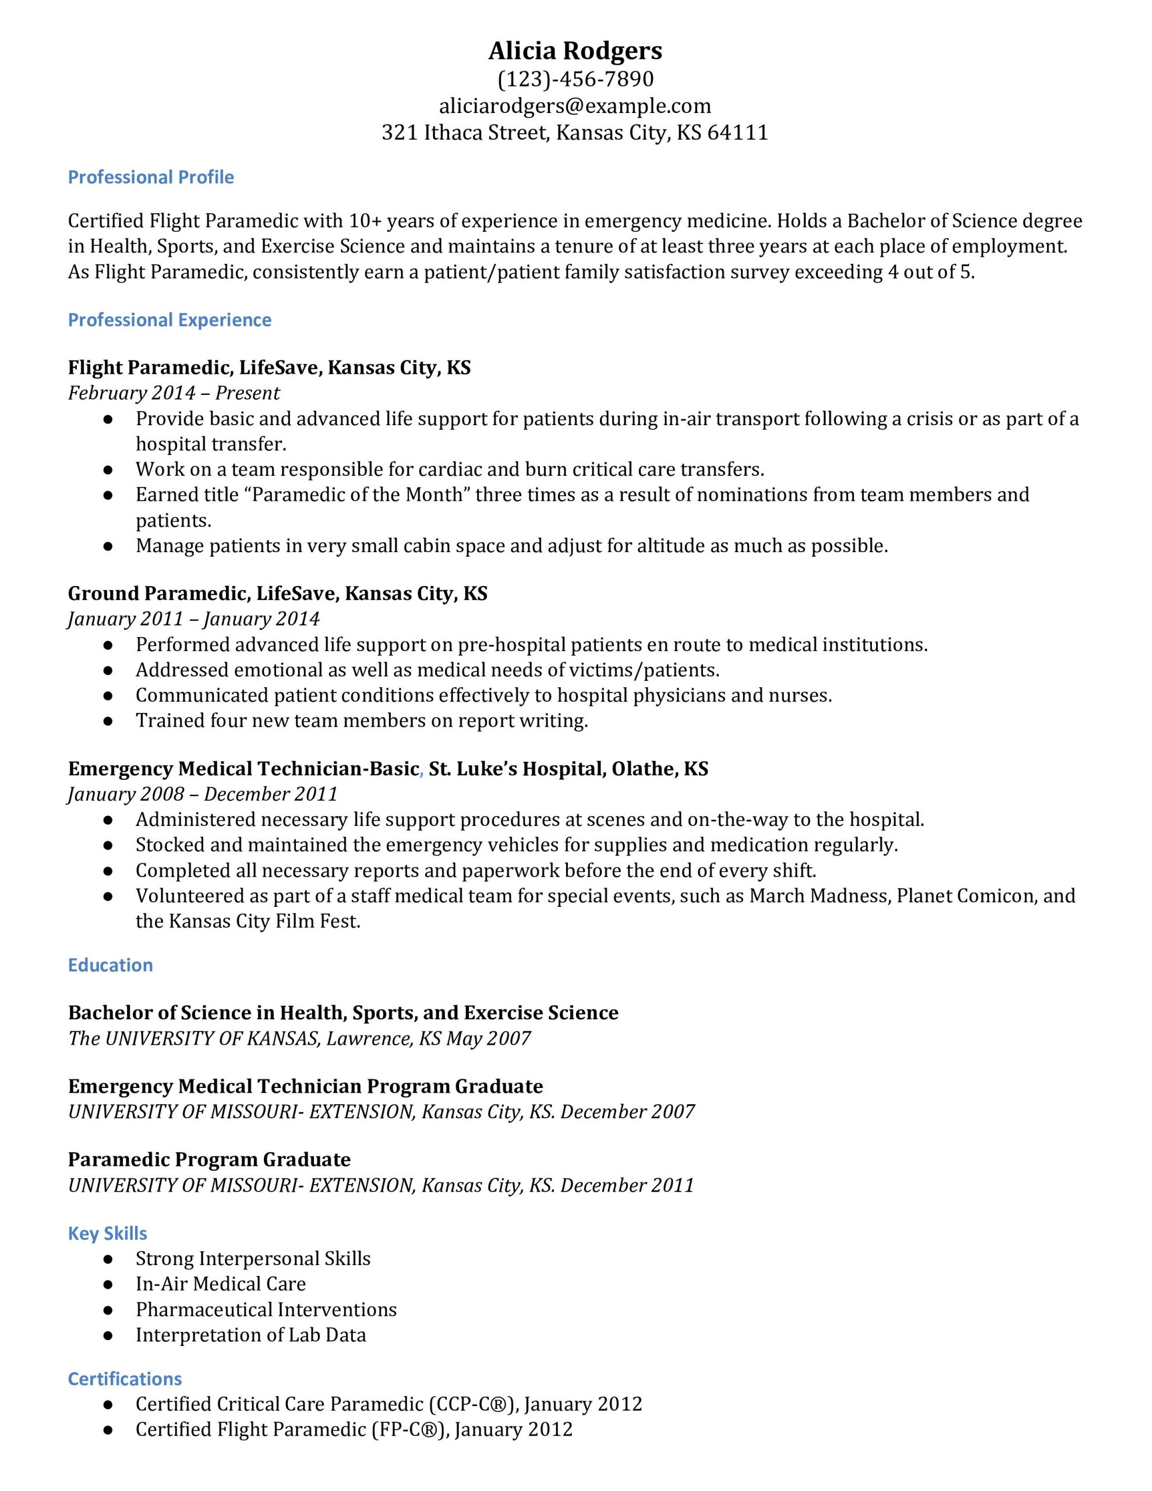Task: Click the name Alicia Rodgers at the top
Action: pyautogui.click(x=575, y=51)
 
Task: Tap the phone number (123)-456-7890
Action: pyautogui.click(x=575, y=79)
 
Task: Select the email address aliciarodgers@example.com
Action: pyautogui.click(x=575, y=106)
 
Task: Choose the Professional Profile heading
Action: pyautogui.click(x=151, y=178)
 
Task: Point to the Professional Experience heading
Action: pyautogui.click(x=169, y=320)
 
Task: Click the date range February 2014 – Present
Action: pyautogui.click(x=174, y=393)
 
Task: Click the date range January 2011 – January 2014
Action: pyautogui.click(x=193, y=619)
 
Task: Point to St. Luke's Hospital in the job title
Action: pyautogui.click(x=515, y=769)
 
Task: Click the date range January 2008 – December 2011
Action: pyautogui.click(x=203, y=794)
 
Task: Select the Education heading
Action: pyautogui.click(x=110, y=965)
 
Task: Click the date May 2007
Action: pyautogui.click(x=487, y=1038)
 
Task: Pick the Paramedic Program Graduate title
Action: pyautogui.click(x=209, y=1159)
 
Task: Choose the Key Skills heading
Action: pyautogui.click(x=107, y=1234)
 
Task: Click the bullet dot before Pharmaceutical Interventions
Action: pyautogui.click(x=107, y=1310)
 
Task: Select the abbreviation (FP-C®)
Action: pyautogui.click(x=409, y=1430)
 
